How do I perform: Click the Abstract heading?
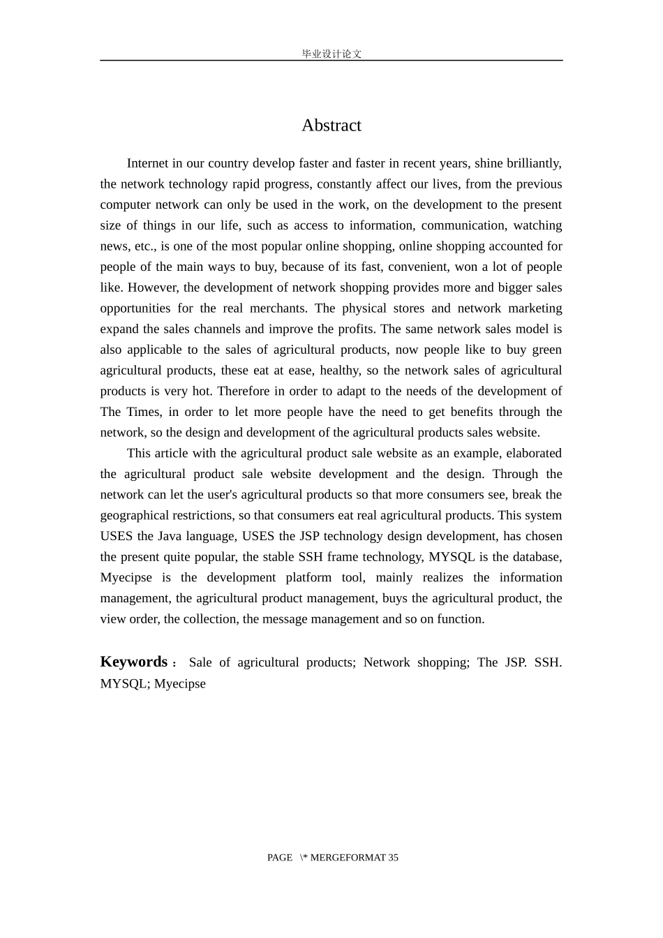(x=331, y=126)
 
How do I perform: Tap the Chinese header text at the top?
(x=331, y=54)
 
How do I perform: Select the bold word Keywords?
(x=134, y=662)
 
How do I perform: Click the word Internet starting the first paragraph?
(x=147, y=163)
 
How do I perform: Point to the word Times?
(x=143, y=412)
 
